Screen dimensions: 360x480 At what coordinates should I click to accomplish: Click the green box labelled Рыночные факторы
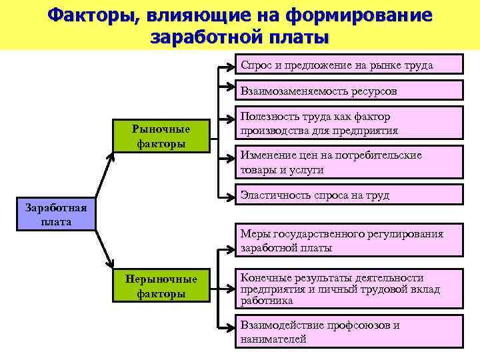[161, 136]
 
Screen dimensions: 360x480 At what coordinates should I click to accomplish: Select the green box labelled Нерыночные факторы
[161, 286]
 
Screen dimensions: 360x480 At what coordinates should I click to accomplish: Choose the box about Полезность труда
[350, 123]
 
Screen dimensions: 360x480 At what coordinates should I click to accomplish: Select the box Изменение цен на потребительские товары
[350, 162]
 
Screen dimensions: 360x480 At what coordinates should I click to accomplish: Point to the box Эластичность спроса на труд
[350, 195]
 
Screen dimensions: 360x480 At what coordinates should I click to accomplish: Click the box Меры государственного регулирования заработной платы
[350, 241]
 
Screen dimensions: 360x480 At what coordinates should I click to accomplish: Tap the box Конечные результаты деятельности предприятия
[350, 289]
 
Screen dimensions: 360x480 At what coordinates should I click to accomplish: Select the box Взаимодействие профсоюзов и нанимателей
[350, 332]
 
